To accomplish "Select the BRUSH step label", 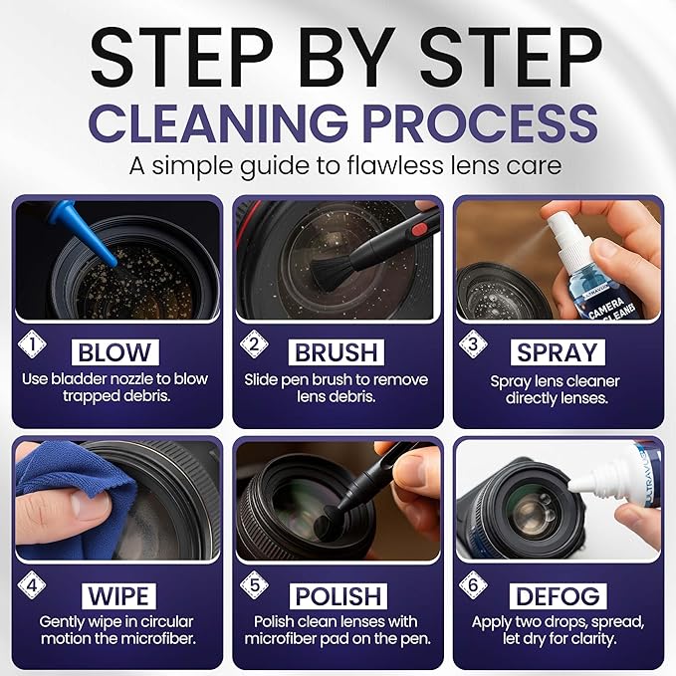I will (336, 353).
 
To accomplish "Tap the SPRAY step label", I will (558, 353).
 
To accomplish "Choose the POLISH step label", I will (336, 595).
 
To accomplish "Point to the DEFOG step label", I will (558, 595).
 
